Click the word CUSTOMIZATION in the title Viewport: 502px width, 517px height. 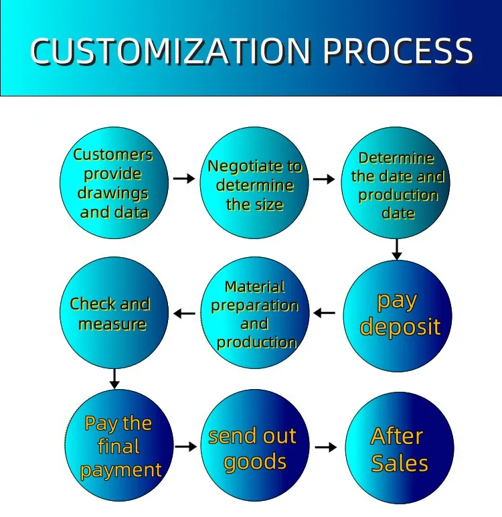click(x=171, y=50)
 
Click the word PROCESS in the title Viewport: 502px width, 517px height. click(x=398, y=50)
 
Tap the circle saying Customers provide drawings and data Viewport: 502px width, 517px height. click(x=114, y=183)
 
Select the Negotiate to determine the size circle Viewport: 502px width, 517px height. click(x=254, y=183)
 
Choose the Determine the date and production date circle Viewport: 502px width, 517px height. click(x=396, y=183)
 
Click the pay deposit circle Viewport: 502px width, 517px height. click(x=398, y=316)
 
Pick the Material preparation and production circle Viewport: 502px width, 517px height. click(x=255, y=313)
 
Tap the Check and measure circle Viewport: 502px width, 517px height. click(x=114, y=313)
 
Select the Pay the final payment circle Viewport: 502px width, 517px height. click(x=119, y=445)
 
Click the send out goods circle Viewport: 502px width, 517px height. click(x=255, y=445)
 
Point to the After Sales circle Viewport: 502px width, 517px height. click(x=400, y=448)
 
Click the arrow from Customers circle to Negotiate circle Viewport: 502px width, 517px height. click(x=184, y=178)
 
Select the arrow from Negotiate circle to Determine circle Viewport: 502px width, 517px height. click(x=324, y=179)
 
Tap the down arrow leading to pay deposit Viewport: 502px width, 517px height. click(x=396, y=249)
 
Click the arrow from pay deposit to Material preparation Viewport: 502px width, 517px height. click(x=325, y=313)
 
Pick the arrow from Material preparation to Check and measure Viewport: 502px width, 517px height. click(x=184, y=313)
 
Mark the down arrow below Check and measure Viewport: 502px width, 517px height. click(x=114, y=379)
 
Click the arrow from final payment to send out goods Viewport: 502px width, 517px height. click(x=186, y=447)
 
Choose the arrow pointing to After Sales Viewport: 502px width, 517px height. click(x=326, y=447)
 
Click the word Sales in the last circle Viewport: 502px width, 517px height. click(x=400, y=463)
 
